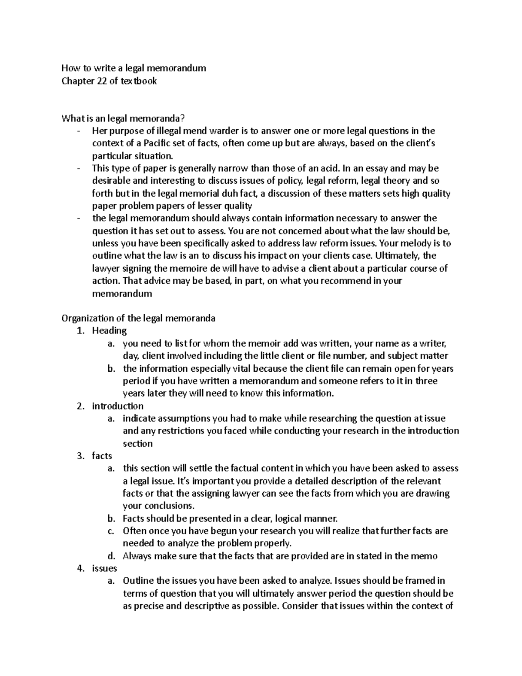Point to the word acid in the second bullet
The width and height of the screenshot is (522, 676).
[x=329, y=168]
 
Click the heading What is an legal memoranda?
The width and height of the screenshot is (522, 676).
[x=124, y=118]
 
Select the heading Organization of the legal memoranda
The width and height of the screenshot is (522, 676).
[x=138, y=318]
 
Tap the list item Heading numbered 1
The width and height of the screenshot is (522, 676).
[x=109, y=331]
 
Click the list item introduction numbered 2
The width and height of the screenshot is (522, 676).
[x=117, y=406]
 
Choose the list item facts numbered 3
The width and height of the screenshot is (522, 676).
[x=102, y=456]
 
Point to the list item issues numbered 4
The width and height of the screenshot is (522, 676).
[x=104, y=568]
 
